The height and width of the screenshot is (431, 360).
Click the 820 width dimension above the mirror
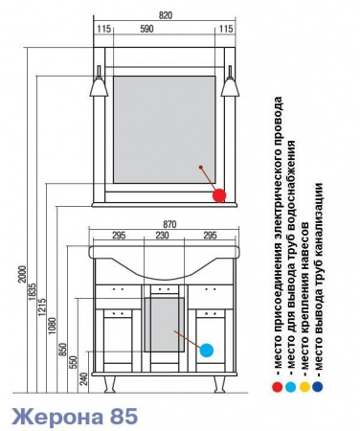(166, 15)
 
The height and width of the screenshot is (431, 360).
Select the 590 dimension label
(146, 29)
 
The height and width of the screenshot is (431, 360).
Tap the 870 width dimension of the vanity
(169, 224)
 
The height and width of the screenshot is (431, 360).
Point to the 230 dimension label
(163, 236)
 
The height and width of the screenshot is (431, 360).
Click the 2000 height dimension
(22, 274)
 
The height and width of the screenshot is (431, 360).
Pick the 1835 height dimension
(32, 291)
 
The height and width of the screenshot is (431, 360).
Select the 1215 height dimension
(42, 307)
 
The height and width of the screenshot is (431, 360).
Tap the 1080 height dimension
(53, 326)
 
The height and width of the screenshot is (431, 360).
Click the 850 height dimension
(63, 350)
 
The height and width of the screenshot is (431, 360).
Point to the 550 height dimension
(74, 363)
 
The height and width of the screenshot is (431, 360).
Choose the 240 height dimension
(83, 378)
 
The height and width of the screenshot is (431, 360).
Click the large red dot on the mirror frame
(219, 195)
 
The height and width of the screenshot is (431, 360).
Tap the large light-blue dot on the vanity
(207, 351)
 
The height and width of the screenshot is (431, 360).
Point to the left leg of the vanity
(109, 384)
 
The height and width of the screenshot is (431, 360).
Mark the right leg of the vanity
(219, 384)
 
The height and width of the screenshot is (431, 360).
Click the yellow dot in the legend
(304, 387)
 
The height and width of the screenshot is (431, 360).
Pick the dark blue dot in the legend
(318, 387)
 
